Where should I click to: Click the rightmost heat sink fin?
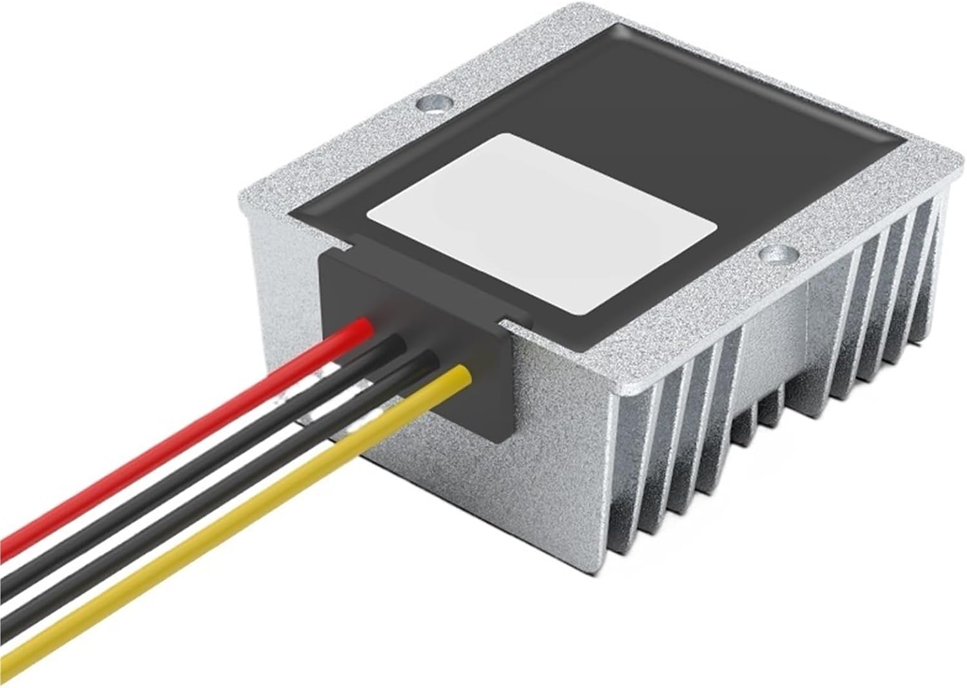point(928,271)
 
